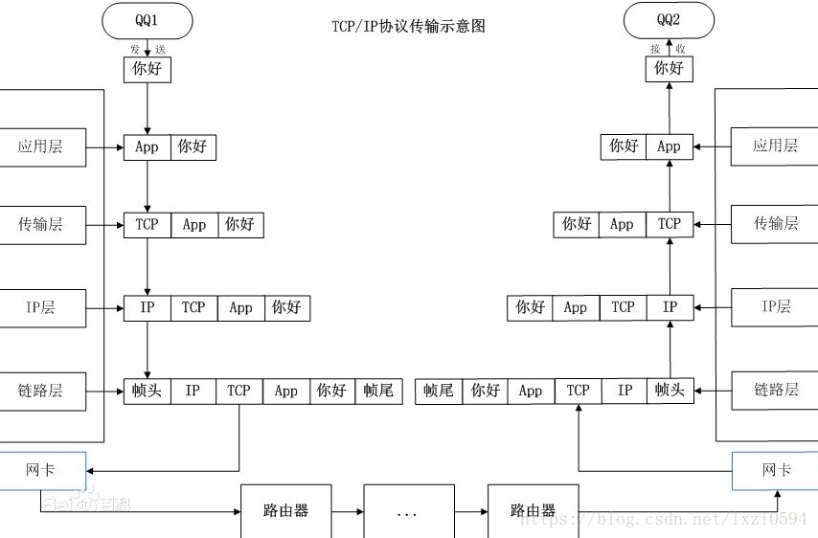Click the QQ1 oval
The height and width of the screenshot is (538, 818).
pyautogui.click(x=147, y=19)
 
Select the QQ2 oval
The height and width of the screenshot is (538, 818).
pyautogui.click(x=669, y=19)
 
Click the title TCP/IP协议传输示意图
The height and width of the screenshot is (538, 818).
pyautogui.click(x=409, y=27)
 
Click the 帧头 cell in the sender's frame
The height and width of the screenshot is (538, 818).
pyautogui.click(x=147, y=391)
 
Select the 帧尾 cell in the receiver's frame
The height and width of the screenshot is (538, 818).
pyautogui.click(x=438, y=391)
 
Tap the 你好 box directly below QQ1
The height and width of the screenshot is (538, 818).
pyautogui.click(x=147, y=69)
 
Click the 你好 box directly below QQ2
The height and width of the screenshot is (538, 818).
pyautogui.click(x=669, y=69)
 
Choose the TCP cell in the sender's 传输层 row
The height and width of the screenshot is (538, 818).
pyautogui.click(x=147, y=225)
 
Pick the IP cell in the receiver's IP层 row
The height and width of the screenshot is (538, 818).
pyautogui.click(x=670, y=307)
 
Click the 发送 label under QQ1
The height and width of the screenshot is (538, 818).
pyautogui.click(x=147, y=47)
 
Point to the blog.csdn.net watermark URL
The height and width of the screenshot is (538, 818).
pyautogui.click(x=662, y=519)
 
